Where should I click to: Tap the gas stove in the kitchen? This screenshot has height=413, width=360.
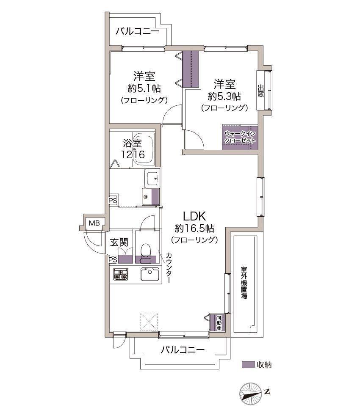pyautogui.click(x=121, y=274)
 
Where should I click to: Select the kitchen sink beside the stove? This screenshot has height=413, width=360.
pyautogui.click(x=150, y=274)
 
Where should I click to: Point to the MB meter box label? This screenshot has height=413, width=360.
pyautogui.click(x=94, y=223)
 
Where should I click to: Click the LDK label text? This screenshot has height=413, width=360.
pyautogui.click(x=194, y=216)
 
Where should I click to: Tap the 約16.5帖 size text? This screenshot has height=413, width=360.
pyautogui.click(x=194, y=229)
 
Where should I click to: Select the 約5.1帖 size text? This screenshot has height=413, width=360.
pyautogui.click(x=144, y=88)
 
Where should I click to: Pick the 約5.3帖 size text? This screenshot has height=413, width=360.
pyautogui.click(x=224, y=96)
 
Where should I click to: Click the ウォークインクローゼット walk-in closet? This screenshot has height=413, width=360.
pyautogui.click(x=240, y=137)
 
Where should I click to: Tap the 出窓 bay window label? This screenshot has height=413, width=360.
pyautogui.click(x=260, y=91)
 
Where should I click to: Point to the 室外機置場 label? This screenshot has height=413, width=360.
pyautogui.click(x=244, y=282)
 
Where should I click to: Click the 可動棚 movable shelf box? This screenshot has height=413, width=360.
pyautogui.click(x=219, y=322)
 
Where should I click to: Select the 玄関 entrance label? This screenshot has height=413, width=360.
pyautogui.click(x=119, y=242)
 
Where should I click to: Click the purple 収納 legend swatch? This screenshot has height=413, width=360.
pyautogui.click(x=248, y=365)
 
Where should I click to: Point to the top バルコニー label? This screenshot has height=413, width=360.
pyautogui.click(x=137, y=31)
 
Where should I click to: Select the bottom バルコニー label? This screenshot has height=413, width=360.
pyautogui.click(x=183, y=350)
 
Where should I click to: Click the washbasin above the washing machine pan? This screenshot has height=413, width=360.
pyautogui.click(x=152, y=178)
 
